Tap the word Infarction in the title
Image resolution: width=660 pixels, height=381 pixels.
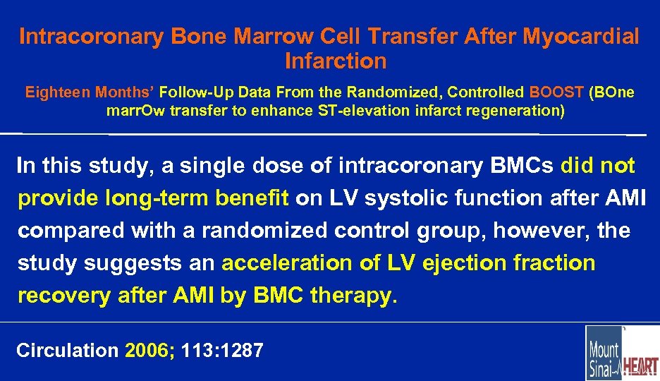(x=336, y=61)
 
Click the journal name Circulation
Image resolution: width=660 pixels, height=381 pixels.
(x=67, y=350)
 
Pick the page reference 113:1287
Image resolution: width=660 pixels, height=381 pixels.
(x=222, y=350)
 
